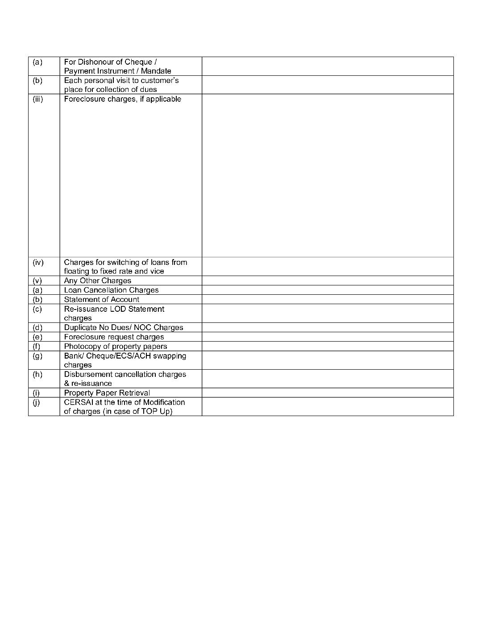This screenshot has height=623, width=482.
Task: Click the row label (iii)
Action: [x=37, y=99]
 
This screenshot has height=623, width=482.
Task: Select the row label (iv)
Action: [x=38, y=262]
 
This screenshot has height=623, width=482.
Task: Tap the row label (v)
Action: [x=37, y=281]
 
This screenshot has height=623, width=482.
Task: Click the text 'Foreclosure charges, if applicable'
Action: [x=123, y=99]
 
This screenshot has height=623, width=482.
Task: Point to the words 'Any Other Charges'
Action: [x=98, y=281]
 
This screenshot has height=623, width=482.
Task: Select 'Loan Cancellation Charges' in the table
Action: [x=112, y=290]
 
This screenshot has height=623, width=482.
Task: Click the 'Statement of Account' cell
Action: [x=102, y=300]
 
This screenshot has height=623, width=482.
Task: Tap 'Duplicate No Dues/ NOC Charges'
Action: [x=124, y=328]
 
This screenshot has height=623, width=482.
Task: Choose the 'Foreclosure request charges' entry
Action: [x=114, y=337]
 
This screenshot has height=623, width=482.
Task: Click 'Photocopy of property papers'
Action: [x=116, y=347]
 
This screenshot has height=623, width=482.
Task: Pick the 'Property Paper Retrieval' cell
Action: [x=107, y=393]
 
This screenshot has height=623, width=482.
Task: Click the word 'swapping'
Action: [x=170, y=356]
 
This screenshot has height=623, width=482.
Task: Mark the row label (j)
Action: [x=37, y=402]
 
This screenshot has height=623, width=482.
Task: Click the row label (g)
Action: [x=37, y=356]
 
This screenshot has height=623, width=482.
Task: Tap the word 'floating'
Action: [x=77, y=271]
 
